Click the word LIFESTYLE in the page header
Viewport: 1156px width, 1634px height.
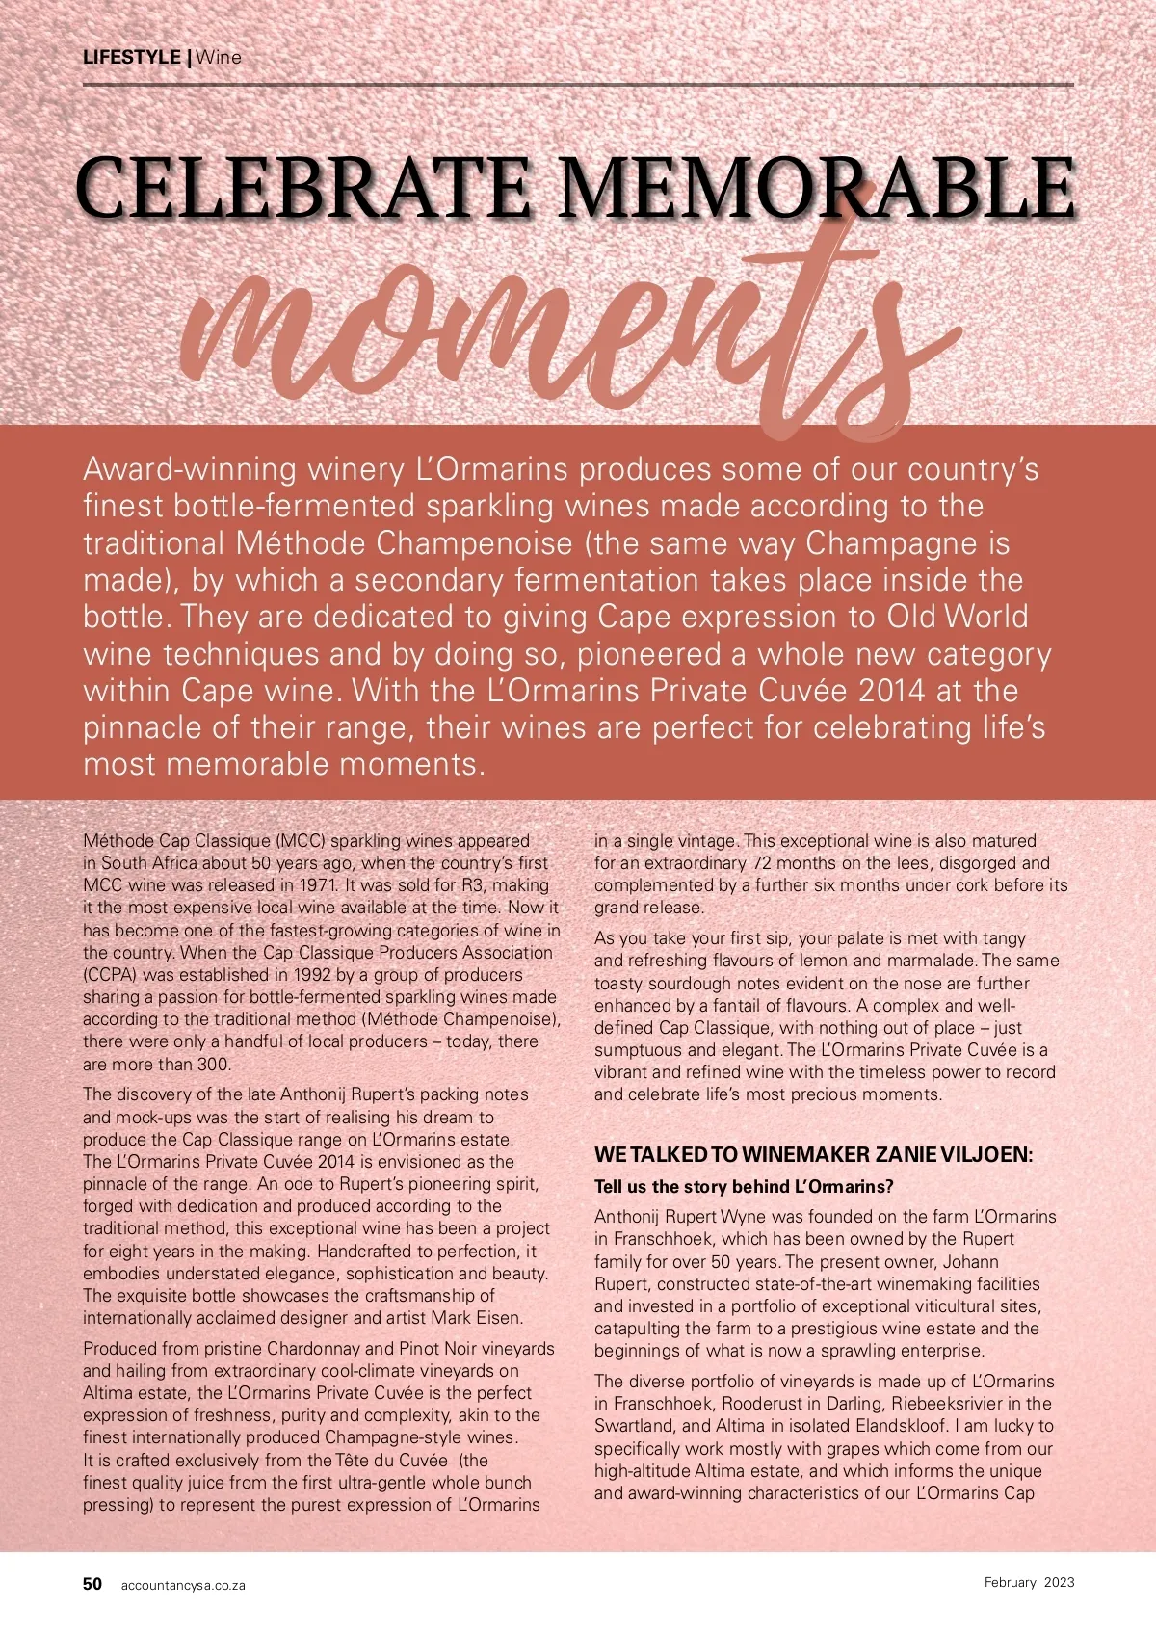[131, 57]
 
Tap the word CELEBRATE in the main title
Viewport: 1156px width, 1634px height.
[304, 187]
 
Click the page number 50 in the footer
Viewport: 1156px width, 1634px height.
[92, 1584]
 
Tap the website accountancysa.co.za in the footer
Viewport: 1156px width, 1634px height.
[183, 1585]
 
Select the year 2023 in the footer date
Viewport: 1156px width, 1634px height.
[1060, 1582]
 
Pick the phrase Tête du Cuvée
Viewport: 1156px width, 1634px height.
[392, 1461]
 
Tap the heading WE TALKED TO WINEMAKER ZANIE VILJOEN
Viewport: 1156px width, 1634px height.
[813, 1155]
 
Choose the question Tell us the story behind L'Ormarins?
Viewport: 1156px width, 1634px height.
[744, 1187]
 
